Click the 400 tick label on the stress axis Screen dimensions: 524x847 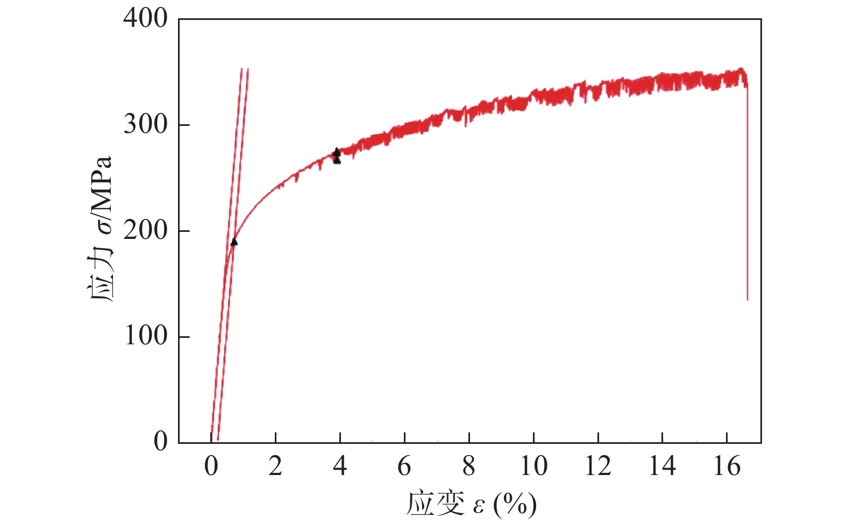(145, 19)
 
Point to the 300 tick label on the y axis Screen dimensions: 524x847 (145, 125)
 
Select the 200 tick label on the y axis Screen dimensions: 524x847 (145, 231)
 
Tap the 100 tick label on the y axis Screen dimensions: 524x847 (145, 336)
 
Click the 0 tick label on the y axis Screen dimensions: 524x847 (161, 442)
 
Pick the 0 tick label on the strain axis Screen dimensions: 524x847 (211, 466)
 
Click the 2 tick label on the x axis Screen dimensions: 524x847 (275, 466)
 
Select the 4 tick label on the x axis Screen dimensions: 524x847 (340, 466)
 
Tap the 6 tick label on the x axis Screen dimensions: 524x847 (404, 466)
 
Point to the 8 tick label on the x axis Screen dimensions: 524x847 (469, 466)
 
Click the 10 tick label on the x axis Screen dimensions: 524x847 (533, 466)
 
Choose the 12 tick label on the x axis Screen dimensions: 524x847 (598, 466)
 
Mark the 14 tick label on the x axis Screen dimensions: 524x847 (662, 466)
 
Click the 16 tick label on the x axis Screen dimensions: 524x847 (727, 466)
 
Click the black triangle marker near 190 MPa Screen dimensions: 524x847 (234, 242)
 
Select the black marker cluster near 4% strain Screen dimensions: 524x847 (337, 156)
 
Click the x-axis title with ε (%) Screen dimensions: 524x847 (471, 504)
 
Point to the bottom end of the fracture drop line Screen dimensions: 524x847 (748, 299)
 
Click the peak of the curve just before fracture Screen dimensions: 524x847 (741, 69)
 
